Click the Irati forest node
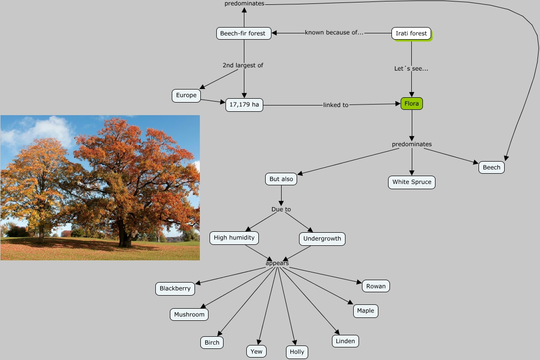411,33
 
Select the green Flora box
412,104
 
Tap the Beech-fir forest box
244,33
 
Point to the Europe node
186,95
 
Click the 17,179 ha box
244,105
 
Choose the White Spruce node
412,182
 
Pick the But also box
281,179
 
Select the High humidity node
234,238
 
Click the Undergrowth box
322,239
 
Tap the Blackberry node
175,289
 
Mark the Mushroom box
189,315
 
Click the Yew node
256,352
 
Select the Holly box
297,352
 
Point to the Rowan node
376,286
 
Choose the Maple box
366,311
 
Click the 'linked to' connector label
336,105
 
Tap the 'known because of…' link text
334,32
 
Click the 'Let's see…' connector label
411,69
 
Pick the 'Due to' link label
281,210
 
